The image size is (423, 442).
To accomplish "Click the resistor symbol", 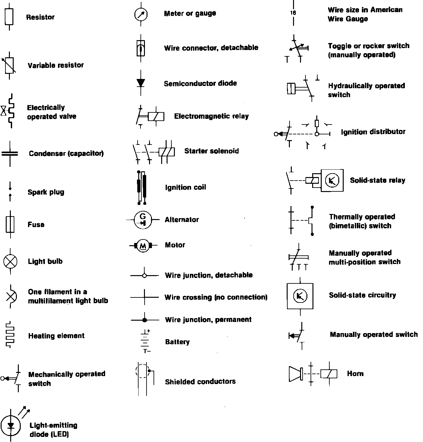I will tap(9, 17).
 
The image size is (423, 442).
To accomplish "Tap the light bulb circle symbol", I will tap(10, 261).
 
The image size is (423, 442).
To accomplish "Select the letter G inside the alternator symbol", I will tap(143, 216).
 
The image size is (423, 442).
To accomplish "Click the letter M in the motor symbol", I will tap(143, 246).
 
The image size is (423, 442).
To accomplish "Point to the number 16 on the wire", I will tap(293, 13).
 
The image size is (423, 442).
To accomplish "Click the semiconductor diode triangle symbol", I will tap(141, 82).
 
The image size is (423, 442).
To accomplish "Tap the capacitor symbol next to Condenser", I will tap(10, 153).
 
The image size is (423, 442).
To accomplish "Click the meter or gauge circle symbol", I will tap(141, 14).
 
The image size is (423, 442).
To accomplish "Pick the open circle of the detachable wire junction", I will tap(144, 275).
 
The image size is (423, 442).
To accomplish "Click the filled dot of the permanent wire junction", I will tap(144, 320).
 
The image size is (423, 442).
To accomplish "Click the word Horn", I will tap(355, 374).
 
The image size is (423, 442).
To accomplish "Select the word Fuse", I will tap(36, 225).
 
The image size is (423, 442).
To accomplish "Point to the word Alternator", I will tap(182, 219).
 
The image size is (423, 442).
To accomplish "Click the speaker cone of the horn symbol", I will tap(295, 374).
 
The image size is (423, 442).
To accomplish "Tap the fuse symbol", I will tap(10, 224).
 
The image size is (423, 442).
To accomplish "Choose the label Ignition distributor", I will tap(373, 132).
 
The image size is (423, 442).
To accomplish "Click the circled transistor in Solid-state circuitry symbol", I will tap(300, 296).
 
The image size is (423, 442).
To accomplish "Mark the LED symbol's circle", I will tap(11, 425).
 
